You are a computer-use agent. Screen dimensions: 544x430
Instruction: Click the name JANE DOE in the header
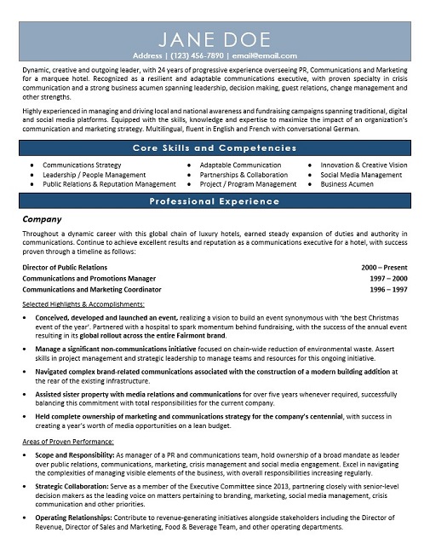(214, 39)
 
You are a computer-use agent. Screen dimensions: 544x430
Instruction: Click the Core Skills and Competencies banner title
(214, 148)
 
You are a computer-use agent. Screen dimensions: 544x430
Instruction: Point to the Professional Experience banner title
(214, 201)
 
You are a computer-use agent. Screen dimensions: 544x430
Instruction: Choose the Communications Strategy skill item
(82, 165)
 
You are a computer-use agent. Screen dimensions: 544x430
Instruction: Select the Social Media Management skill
(361, 174)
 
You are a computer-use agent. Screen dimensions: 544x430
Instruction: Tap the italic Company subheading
(42, 219)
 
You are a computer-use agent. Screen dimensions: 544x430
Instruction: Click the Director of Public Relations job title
(65, 267)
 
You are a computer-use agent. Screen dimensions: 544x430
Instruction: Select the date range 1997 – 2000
(389, 278)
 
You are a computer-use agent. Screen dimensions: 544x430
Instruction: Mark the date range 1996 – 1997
(389, 290)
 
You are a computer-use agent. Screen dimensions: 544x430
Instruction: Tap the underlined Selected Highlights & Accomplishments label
(83, 304)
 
